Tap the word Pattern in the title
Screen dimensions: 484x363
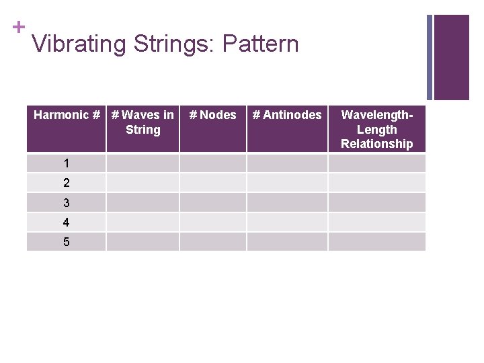[x=260, y=44]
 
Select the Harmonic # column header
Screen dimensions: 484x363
[x=66, y=115]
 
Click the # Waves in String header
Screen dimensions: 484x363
[x=143, y=122]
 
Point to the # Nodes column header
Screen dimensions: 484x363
[x=212, y=115]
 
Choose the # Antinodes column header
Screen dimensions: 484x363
[x=286, y=115]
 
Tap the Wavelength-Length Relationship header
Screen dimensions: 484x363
[x=376, y=129]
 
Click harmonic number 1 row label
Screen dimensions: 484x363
[x=66, y=163]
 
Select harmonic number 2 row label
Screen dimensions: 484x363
[x=66, y=183]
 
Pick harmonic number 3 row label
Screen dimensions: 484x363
[x=66, y=202]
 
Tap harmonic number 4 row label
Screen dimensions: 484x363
[x=66, y=222]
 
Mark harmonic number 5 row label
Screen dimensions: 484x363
[x=66, y=241]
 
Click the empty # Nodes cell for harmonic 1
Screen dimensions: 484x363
[x=212, y=163]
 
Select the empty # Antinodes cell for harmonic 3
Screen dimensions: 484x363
[x=286, y=202]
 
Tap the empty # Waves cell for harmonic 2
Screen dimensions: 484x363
[x=143, y=183]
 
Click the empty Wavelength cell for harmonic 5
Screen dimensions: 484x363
[x=376, y=241]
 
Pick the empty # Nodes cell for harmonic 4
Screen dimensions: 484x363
[x=212, y=222]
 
